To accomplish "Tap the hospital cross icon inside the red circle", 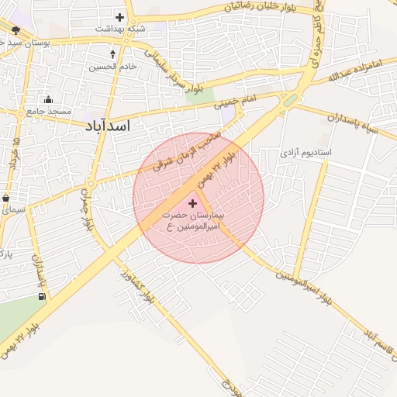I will tap(193, 202).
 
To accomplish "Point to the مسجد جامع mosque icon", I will tap(49, 99).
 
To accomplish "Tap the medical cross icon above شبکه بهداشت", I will tap(119, 16).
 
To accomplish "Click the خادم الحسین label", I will tap(116, 67).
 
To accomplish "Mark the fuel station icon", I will tap(41, 295).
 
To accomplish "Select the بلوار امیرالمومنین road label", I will tap(305, 286).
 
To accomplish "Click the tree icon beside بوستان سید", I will tap(16, 30).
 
